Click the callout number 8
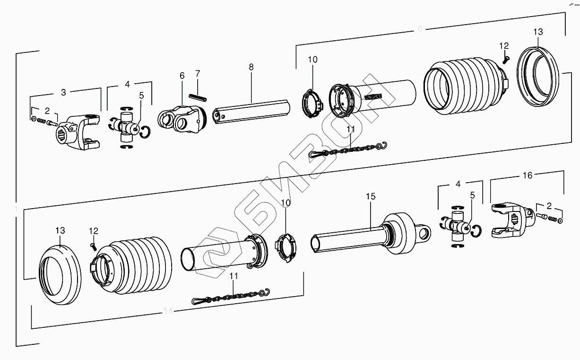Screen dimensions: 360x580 [x=251, y=68]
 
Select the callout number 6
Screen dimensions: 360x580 [x=182, y=76]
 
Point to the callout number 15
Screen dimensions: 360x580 [x=371, y=196]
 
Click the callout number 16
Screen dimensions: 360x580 [x=527, y=176]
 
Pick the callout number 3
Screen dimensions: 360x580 [x=63, y=92]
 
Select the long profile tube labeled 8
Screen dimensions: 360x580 [x=251, y=112]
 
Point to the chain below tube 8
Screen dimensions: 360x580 [x=347, y=149]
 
